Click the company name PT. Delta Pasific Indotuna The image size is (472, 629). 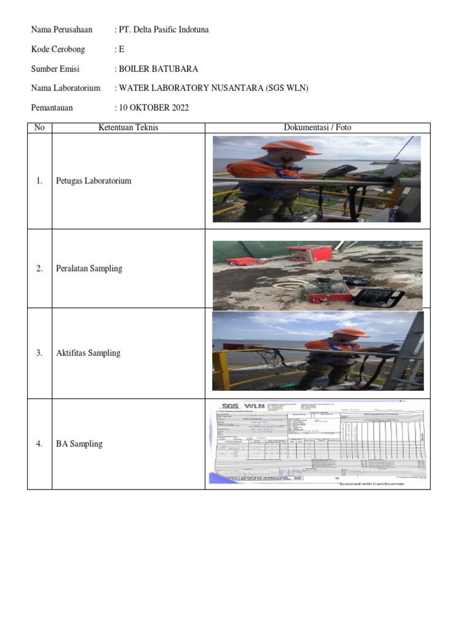click(x=163, y=29)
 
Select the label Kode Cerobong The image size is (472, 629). click(x=58, y=49)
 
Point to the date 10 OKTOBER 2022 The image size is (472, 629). click(x=154, y=108)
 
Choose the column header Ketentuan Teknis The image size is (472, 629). click(x=128, y=128)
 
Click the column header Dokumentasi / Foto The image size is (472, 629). click(x=317, y=128)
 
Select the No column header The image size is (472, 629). click(x=39, y=128)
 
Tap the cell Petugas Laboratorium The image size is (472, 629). click(x=93, y=181)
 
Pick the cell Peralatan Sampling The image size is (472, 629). click(x=88, y=268)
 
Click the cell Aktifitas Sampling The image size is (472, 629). click(x=88, y=353)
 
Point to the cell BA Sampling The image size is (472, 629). click(x=79, y=444)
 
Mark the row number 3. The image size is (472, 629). click(x=39, y=353)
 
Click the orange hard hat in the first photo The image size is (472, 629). click(x=296, y=147)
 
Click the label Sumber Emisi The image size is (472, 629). click(x=55, y=69)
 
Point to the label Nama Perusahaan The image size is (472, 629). click(x=61, y=29)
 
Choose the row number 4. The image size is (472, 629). click(x=39, y=444)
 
